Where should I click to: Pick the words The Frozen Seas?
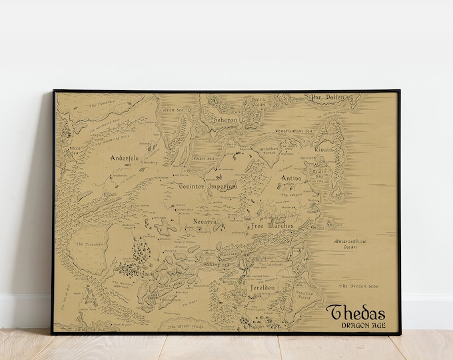click(x=358, y=287)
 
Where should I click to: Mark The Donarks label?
click(x=103, y=103)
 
